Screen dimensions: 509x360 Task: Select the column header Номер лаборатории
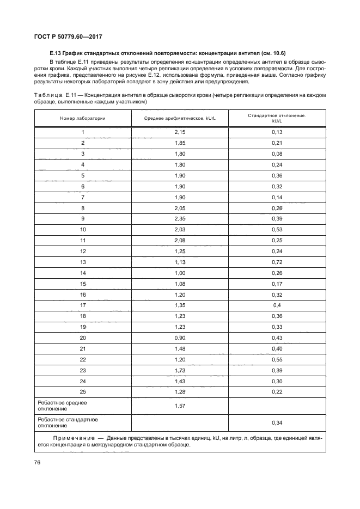click(83, 118)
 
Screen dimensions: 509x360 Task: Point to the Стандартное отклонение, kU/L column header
click(277, 118)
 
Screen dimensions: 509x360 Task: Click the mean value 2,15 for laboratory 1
click(179, 132)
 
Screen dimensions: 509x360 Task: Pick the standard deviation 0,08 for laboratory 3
click(277, 154)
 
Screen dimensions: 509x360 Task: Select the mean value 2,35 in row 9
click(179, 218)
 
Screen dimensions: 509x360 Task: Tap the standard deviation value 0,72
click(277, 261)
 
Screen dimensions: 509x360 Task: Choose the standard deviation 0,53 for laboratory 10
click(277, 229)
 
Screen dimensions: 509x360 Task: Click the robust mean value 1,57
click(179, 406)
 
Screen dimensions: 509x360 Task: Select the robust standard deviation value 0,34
click(277, 422)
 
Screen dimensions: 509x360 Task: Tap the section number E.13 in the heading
click(54, 53)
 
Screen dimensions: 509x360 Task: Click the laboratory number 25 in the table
click(83, 391)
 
